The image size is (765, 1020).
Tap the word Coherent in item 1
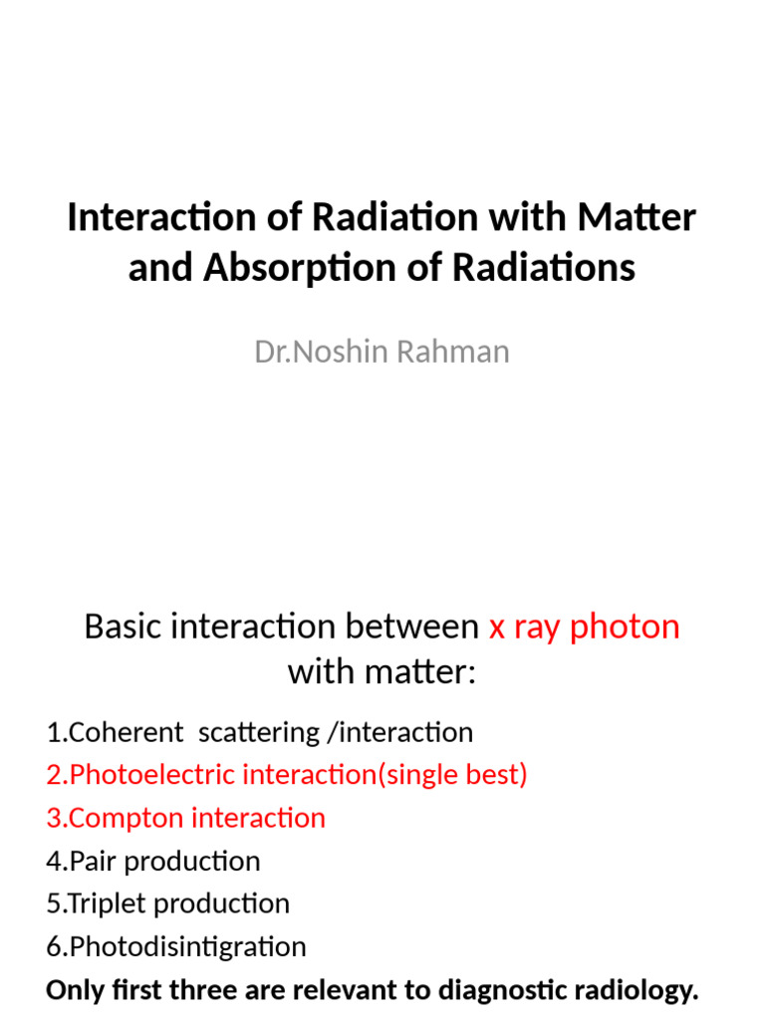tap(127, 733)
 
